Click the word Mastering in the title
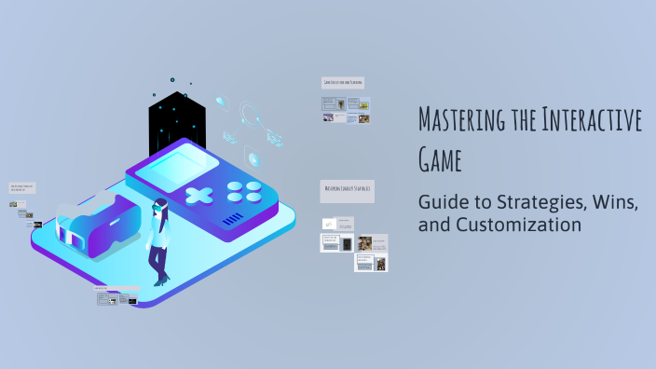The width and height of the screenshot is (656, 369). tap(459, 121)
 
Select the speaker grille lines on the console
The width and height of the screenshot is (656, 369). tap(234, 220)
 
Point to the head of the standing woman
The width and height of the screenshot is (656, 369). tap(160, 206)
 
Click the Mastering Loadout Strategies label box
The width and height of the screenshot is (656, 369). tap(347, 189)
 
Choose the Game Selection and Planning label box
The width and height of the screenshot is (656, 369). tap(343, 83)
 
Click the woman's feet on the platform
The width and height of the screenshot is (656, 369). tap(162, 280)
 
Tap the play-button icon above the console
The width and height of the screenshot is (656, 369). tap(253, 157)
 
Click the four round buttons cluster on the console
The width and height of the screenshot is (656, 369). tap(245, 191)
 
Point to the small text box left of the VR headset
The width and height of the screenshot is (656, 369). tap(22, 187)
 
